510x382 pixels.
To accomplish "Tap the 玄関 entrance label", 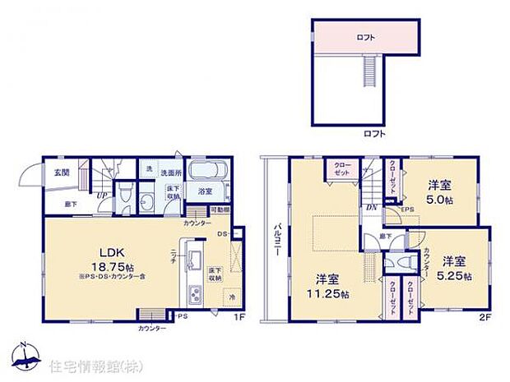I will pyautogui.click(x=61, y=172).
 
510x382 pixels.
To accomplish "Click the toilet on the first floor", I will pyautogui.click(x=124, y=195).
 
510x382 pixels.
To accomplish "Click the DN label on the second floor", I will pyautogui.click(x=371, y=209).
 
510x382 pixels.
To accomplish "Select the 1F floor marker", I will pyautogui.click(x=236, y=316).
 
